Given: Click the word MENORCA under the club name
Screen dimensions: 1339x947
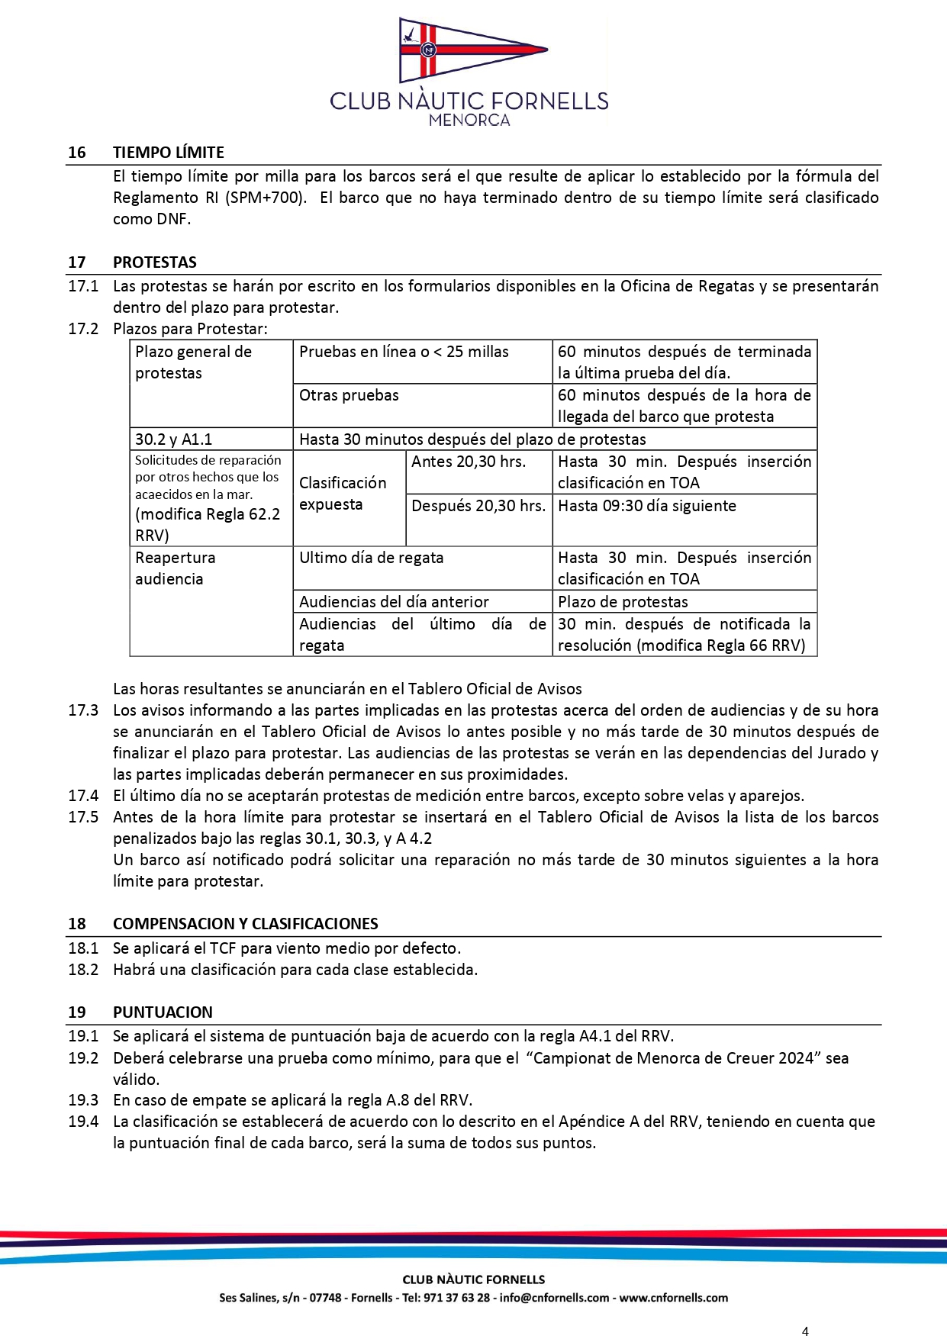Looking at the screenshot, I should [469, 120].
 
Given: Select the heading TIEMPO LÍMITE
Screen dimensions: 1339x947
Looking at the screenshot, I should [169, 153].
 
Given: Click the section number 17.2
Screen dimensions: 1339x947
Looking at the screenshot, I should [83, 329].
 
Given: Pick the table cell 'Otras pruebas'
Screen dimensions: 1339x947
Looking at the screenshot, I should [349, 395].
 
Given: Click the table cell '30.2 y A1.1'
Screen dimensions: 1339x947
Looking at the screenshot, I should [174, 439].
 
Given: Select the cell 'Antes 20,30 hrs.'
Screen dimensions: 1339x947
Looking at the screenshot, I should [468, 462].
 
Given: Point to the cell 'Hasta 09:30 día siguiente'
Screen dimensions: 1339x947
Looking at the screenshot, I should [646, 506].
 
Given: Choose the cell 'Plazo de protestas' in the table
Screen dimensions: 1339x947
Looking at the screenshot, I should [623, 602].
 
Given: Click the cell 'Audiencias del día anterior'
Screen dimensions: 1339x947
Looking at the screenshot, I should [394, 602].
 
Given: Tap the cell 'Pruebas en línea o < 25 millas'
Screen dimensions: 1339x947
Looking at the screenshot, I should [404, 352].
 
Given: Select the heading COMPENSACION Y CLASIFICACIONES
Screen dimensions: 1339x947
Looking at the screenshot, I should [245, 924].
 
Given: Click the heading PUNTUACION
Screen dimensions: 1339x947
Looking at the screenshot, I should [163, 1012].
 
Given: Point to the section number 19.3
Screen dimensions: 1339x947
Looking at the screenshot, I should [83, 1100].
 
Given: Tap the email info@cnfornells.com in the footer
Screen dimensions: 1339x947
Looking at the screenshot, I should [554, 1298].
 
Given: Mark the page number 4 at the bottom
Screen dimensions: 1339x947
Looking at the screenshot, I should [805, 1331].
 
